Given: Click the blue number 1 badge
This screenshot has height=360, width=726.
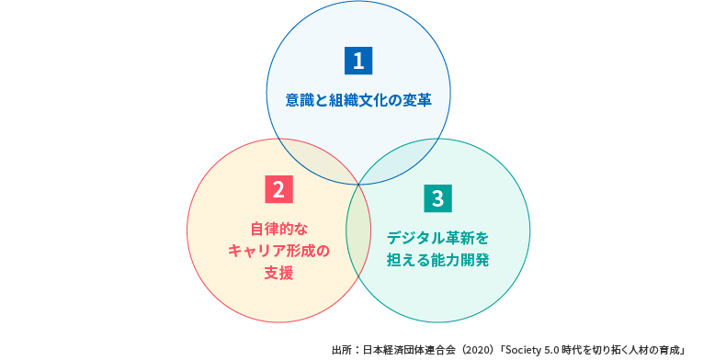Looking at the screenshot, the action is point(357,61).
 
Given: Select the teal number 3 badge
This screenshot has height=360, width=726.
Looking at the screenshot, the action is point(437,197).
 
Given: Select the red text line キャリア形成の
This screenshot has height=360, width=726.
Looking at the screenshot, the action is point(278,250).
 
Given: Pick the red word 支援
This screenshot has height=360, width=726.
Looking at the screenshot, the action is point(278,273).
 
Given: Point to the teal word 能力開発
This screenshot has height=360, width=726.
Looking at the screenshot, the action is point(459,260).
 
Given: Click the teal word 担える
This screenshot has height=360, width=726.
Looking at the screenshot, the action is point(408,260).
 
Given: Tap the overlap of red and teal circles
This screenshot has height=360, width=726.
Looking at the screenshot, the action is point(358,230).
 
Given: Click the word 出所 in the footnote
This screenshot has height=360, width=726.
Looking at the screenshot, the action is point(341,349).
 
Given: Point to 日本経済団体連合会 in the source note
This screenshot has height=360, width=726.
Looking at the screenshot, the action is point(410,349).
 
